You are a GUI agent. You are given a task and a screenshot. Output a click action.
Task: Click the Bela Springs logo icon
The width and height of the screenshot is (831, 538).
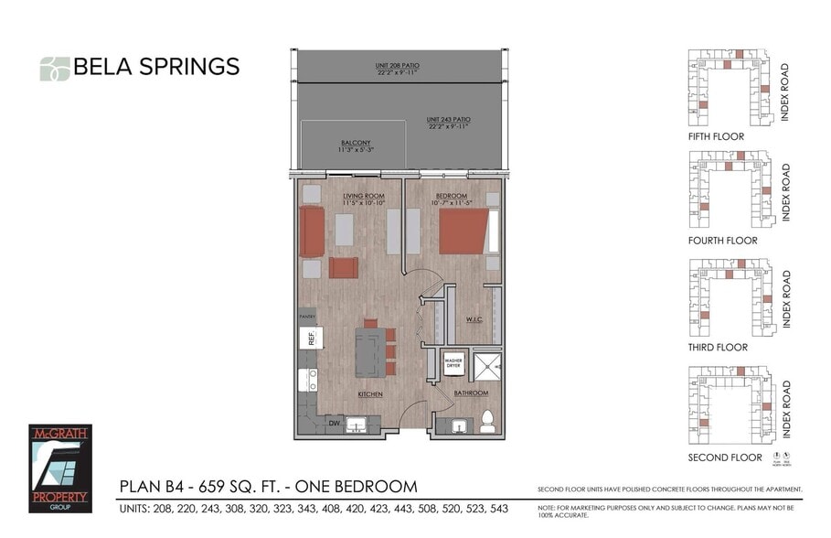(54, 68)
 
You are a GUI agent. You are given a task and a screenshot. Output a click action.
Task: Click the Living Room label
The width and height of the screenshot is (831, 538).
(363, 197)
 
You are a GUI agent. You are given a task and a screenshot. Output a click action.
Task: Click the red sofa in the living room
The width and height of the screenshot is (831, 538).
(311, 231)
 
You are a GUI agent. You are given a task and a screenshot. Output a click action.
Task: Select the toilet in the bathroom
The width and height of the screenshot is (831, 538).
(488, 422)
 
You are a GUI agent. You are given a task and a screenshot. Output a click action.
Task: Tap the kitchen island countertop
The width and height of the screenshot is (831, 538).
(369, 351)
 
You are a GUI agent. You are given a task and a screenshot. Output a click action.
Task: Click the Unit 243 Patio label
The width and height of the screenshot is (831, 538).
(448, 120)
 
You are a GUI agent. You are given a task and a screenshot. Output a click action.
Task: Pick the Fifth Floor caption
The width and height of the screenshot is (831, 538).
(716, 136)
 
